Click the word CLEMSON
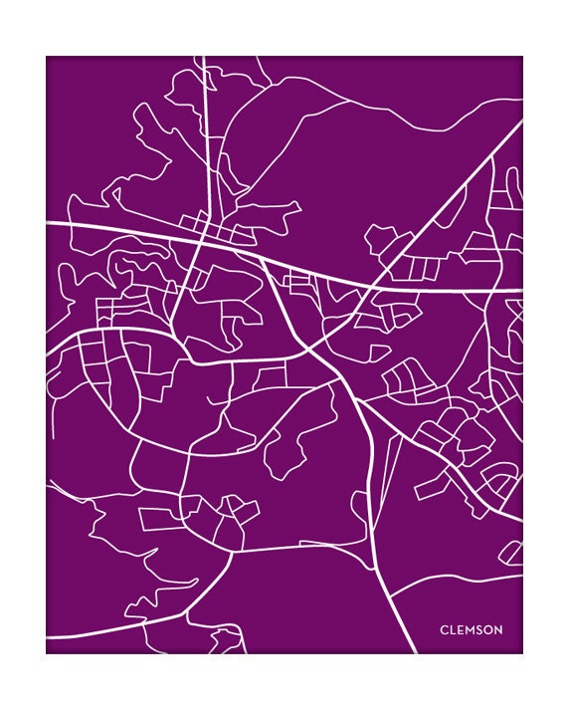click(471, 629)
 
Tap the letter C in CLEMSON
click(444, 629)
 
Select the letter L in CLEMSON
click(453, 629)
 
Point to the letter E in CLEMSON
click(461, 629)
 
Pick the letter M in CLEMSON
click(471, 629)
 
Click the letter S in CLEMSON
click(480, 629)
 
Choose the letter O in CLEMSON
click(488, 629)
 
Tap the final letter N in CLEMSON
click(498, 629)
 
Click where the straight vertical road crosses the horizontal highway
click(205, 237)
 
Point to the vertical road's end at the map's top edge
click(203, 58)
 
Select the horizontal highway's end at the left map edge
click(48, 224)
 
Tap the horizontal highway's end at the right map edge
click(521, 290)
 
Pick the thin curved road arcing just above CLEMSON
click(448, 583)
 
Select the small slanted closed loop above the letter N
click(511, 552)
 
